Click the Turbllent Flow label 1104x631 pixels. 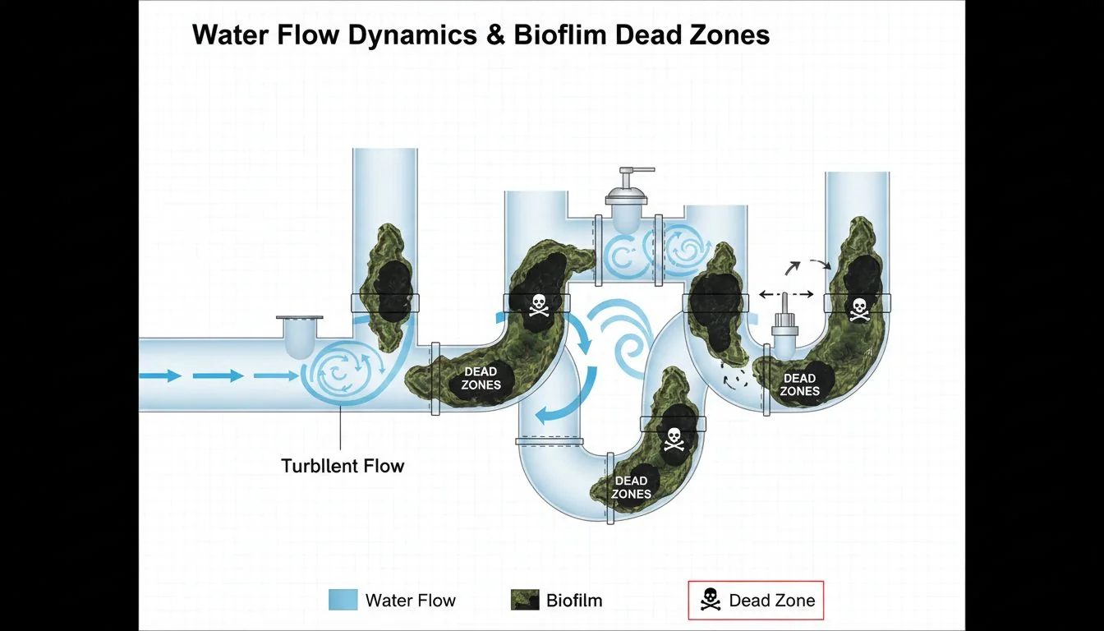(x=343, y=466)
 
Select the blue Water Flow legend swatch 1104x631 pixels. (x=343, y=600)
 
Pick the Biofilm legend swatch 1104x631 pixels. (x=524, y=600)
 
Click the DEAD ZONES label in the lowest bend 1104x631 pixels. (x=631, y=487)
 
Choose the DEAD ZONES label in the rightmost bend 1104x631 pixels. (x=799, y=385)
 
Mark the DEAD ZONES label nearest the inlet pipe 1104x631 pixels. (x=481, y=379)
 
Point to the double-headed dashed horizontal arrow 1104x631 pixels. (x=785, y=294)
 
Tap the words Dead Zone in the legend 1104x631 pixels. (x=772, y=601)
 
